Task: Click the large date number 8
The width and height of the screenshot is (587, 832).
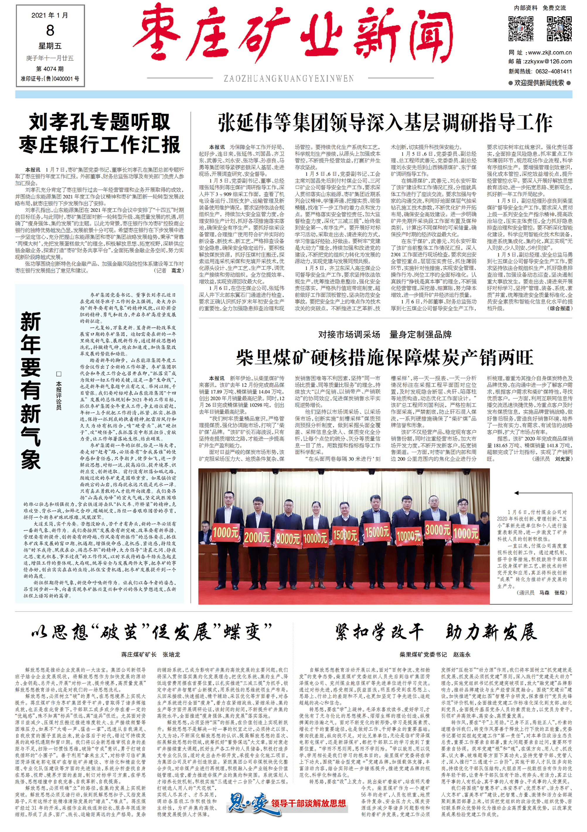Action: [50, 30]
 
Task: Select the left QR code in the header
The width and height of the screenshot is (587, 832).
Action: [521, 29]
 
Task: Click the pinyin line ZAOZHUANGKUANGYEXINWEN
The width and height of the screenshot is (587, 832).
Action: [289, 79]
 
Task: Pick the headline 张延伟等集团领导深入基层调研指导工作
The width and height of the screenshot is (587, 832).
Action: [385, 123]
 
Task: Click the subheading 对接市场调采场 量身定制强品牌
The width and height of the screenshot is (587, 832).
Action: [385, 334]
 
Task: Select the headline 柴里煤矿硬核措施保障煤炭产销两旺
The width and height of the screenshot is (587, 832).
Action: [385, 358]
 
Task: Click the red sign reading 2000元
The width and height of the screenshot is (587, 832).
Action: [257, 537]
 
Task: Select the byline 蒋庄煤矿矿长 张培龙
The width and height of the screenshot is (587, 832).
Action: [150, 655]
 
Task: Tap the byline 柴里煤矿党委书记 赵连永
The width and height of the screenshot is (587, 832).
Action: [435, 655]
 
